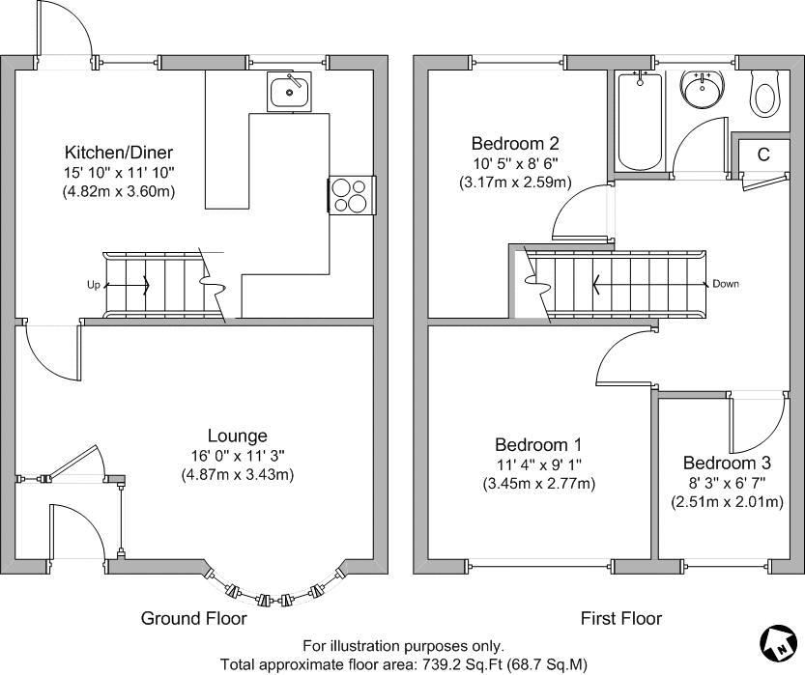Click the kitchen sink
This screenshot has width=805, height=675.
(289, 91)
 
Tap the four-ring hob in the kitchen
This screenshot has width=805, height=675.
(352, 195)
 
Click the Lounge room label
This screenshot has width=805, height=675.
(237, 436)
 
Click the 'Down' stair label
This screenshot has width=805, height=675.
(725, 284)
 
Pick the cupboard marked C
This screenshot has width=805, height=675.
(762, 155)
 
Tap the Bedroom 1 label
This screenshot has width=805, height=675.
(538, 445)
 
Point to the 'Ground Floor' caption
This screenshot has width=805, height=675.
(194, 618)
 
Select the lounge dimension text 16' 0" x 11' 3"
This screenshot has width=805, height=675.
(237, 455)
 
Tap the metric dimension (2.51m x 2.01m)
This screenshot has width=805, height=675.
(726, 502)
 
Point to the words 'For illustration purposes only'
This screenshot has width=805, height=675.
(403, 646)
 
